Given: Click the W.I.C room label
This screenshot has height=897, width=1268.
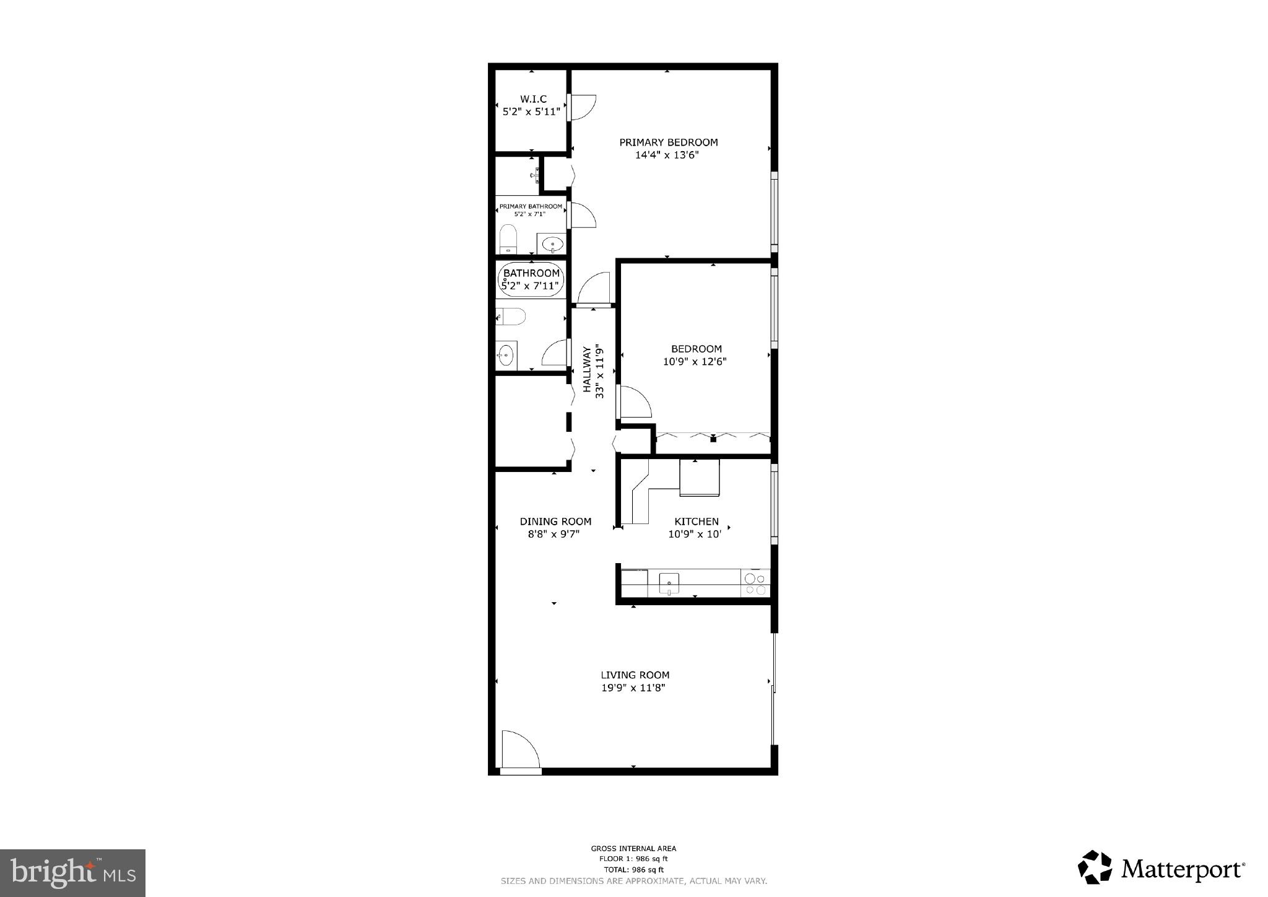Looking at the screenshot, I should tap(533, 99).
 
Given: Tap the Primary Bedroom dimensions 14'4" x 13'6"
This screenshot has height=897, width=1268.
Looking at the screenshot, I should tap(667, 155).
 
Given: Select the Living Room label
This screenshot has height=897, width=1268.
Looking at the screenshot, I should tap(635, 675).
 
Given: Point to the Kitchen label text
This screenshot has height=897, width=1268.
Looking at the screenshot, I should tap(697, 522).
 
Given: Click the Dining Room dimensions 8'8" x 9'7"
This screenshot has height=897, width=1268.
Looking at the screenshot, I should tap(554, 534).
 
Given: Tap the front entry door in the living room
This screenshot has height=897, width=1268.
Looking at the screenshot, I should tap(519, 750).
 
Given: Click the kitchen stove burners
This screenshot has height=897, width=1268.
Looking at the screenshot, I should tap(755, 584).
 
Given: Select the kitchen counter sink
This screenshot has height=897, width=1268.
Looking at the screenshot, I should tap(669, 584).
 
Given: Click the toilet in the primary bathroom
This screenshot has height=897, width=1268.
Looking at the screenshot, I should tap(508, 240).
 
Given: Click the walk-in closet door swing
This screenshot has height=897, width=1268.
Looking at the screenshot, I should tap(583, 107).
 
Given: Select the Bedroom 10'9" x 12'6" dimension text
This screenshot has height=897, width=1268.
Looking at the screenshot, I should tap(694, 362).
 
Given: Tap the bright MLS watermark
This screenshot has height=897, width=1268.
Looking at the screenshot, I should tap(73, 873).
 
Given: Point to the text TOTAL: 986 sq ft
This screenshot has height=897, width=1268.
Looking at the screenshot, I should tap(633, 870).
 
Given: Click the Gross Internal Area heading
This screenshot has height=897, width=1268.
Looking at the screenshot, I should tap(633, 849).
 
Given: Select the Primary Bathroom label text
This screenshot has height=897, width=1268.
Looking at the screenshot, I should tap(531, 206).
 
